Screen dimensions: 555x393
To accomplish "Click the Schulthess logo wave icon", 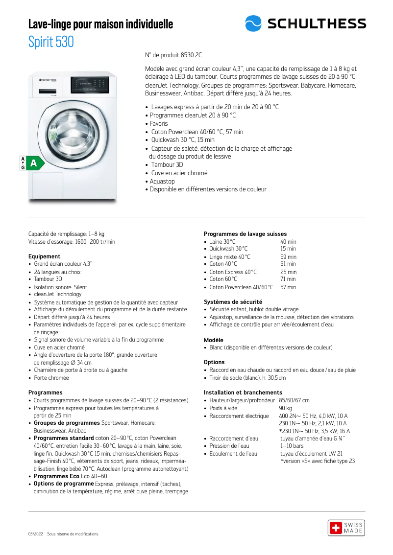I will click(253, 23).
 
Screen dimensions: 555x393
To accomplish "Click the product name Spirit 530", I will click(51, 42).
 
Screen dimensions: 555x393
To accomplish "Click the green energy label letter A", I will click(34, 163).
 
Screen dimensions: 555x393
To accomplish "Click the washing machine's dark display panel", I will click(89, 86).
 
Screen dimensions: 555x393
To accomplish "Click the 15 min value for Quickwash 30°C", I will click(288, 249).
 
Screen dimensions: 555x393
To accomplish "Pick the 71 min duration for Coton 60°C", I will click(288, 279).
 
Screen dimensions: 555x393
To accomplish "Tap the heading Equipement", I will click(45, 256).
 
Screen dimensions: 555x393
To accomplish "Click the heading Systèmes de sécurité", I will click(233, 302).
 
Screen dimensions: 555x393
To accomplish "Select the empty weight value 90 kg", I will click(286, 408).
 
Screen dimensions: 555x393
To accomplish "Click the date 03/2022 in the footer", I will click(35, 534).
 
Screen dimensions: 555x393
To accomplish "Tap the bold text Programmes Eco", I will click(55, 476).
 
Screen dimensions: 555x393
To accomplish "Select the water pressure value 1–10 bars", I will click(292, 446).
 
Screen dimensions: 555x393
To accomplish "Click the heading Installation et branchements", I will click(243, 393).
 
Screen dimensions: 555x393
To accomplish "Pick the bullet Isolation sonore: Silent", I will click(60, 287).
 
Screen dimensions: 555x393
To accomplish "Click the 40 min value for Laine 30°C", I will click(288, 242).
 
